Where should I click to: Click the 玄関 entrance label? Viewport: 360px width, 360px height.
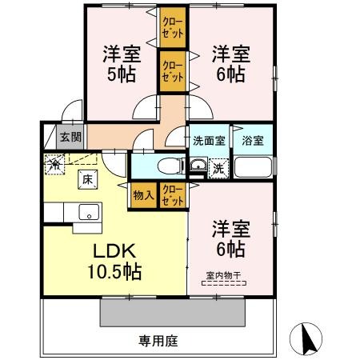click(70, 137)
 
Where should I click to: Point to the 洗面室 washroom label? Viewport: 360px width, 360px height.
click(208, 139)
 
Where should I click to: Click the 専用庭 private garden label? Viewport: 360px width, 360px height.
click(157, 341)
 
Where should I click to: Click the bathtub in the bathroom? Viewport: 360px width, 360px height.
click(254, 169)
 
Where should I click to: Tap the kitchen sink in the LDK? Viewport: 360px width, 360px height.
click(87, 212)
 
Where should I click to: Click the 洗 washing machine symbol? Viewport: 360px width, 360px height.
click(218, 168)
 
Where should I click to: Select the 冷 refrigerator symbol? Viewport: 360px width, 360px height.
click(54, 165)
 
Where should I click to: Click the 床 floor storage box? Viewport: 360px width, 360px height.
click(86, 179)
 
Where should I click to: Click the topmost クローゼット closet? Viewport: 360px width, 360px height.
click(173, 28)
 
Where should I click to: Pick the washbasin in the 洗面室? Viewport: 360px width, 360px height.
click(197, 167)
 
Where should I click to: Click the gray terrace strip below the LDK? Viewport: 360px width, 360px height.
click(171, 309)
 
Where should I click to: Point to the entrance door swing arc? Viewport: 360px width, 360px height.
click(74, 111)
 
